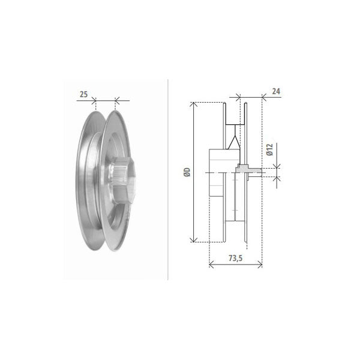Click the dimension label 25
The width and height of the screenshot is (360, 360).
point(84,94)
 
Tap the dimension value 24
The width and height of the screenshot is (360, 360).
point(276,91)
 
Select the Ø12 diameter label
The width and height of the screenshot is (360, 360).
point(270,149)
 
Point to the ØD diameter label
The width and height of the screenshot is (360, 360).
point(187,172)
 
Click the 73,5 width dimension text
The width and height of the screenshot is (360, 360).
point(236,258)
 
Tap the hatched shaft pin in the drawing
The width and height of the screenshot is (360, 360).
point(249,170)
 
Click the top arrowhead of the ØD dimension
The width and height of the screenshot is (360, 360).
point(194,104)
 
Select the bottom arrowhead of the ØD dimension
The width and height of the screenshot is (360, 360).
point(194,239)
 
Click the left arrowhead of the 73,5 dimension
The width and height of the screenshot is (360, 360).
point(212,265)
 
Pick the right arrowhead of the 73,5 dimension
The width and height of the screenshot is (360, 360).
point(259,265)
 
